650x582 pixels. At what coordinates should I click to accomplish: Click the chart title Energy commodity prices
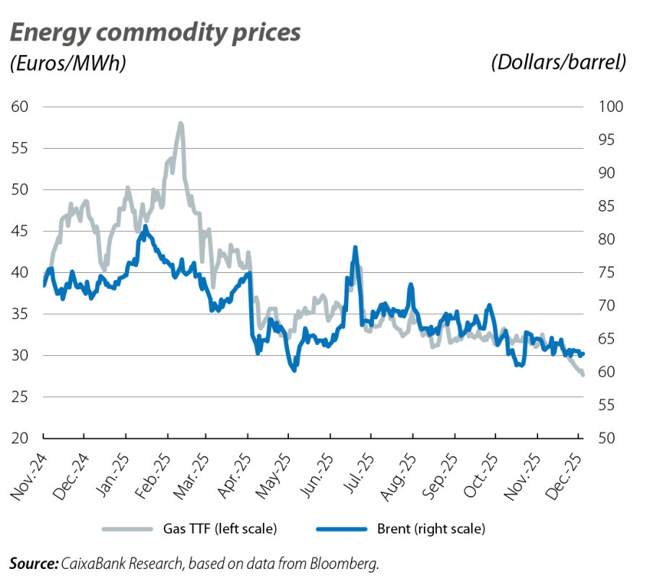tap(155, 32)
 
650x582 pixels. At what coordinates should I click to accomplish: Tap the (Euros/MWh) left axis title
tap(67, 64)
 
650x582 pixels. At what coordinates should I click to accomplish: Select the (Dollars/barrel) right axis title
tap(558, 64)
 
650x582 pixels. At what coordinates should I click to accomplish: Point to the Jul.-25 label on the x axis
tap(358, 473)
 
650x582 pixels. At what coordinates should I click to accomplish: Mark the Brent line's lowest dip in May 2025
tap(293, 370)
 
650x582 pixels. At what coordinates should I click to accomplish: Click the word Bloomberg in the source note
tap(350, 563)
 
